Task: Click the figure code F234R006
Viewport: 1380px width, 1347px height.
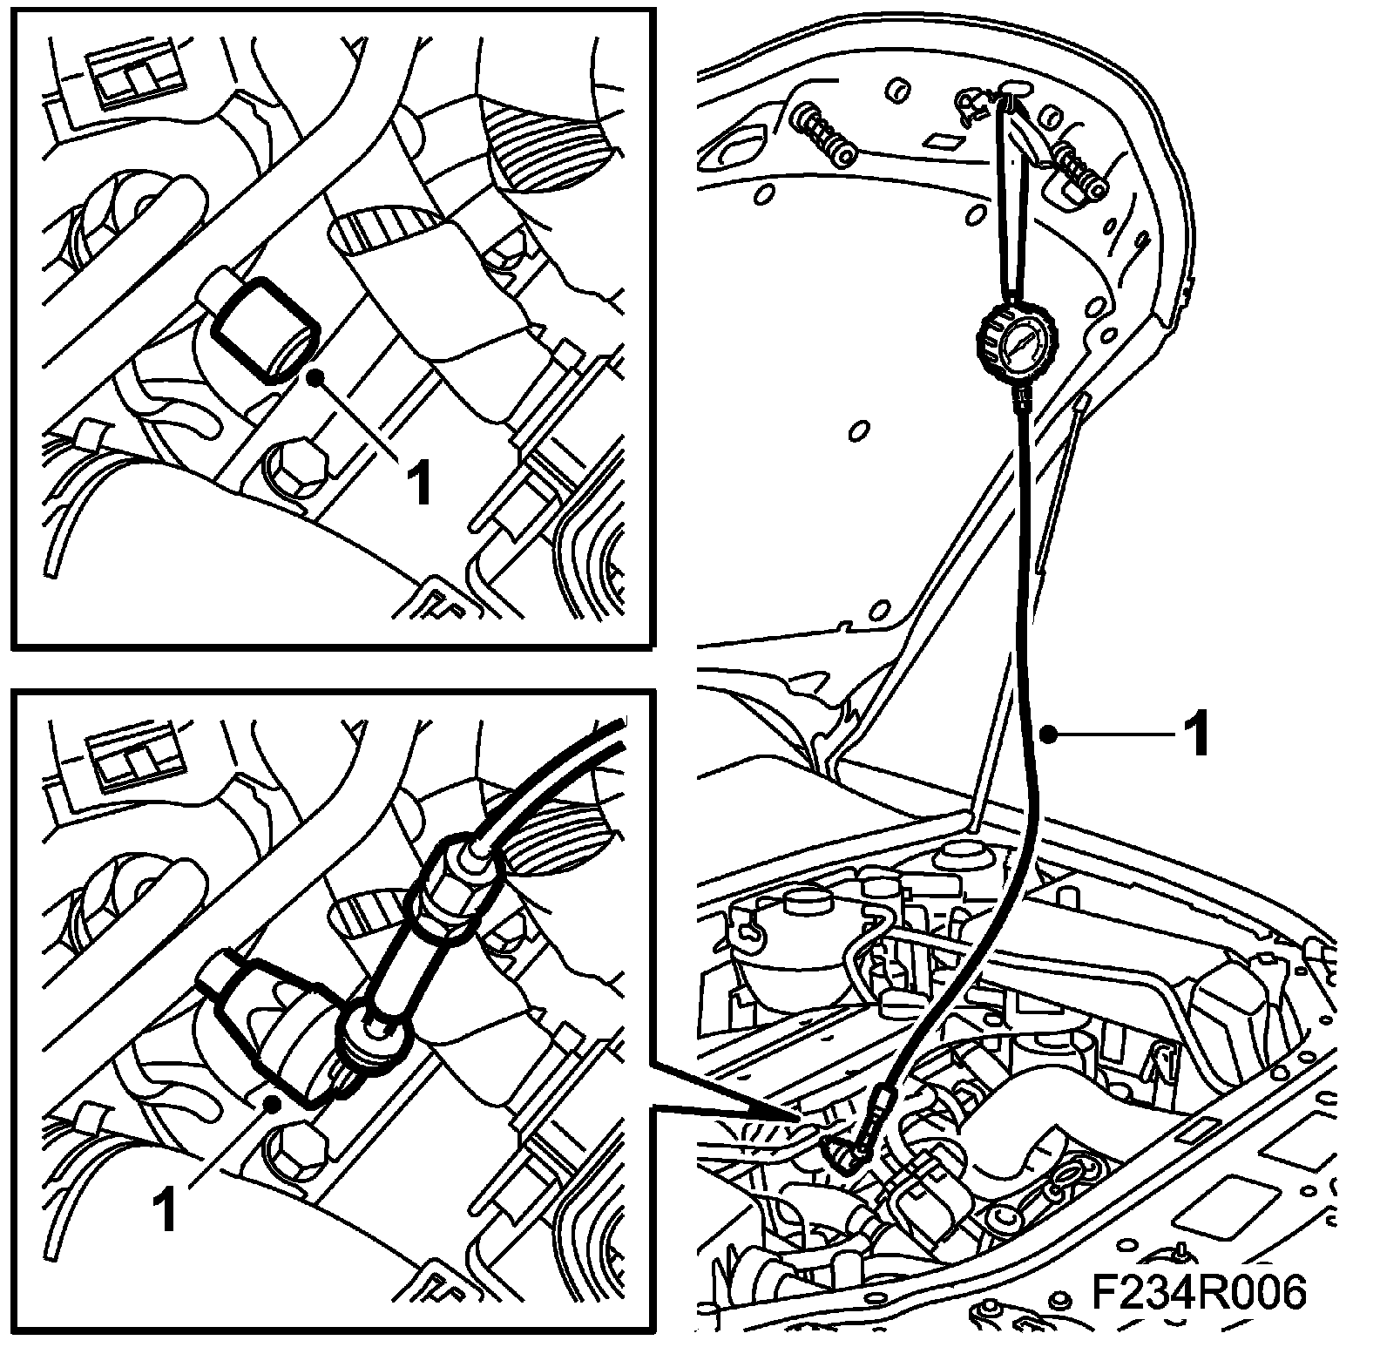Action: click(1200, 1292)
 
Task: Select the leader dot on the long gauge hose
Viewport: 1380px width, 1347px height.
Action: click(1052, 736)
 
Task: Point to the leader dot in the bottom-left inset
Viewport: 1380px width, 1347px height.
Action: click(273, 1106)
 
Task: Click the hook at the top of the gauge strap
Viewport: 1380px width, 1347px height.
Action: click(1011, 91)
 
